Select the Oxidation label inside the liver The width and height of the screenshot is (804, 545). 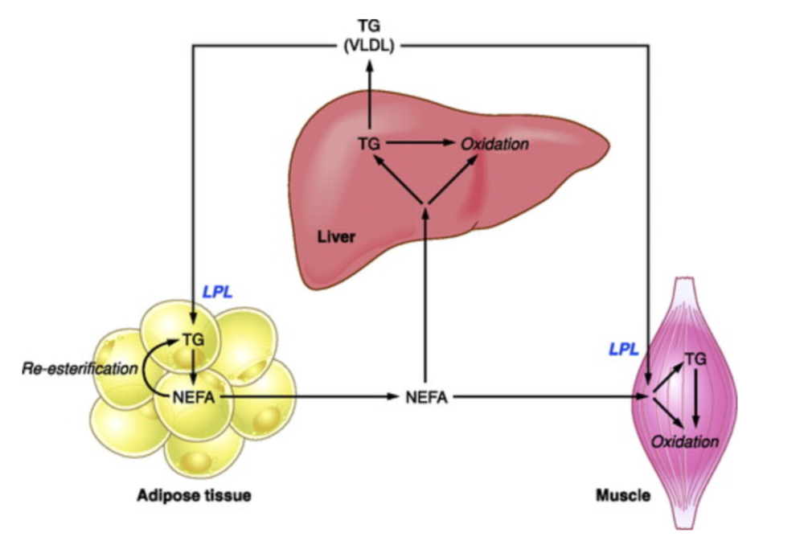point(494,145)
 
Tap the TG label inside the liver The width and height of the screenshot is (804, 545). point(369,145)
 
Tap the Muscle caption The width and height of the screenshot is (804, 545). point(622,496)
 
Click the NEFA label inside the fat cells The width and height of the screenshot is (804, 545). point(191,395)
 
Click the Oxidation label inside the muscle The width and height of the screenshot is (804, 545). point(684,441)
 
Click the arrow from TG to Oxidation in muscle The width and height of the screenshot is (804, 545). point(696,398)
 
